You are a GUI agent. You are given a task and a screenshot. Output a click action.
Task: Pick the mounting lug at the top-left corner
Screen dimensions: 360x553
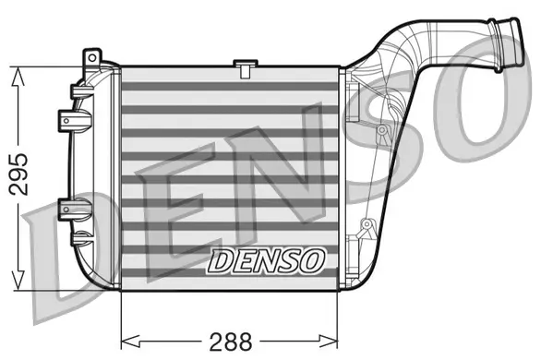point(90,57)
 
